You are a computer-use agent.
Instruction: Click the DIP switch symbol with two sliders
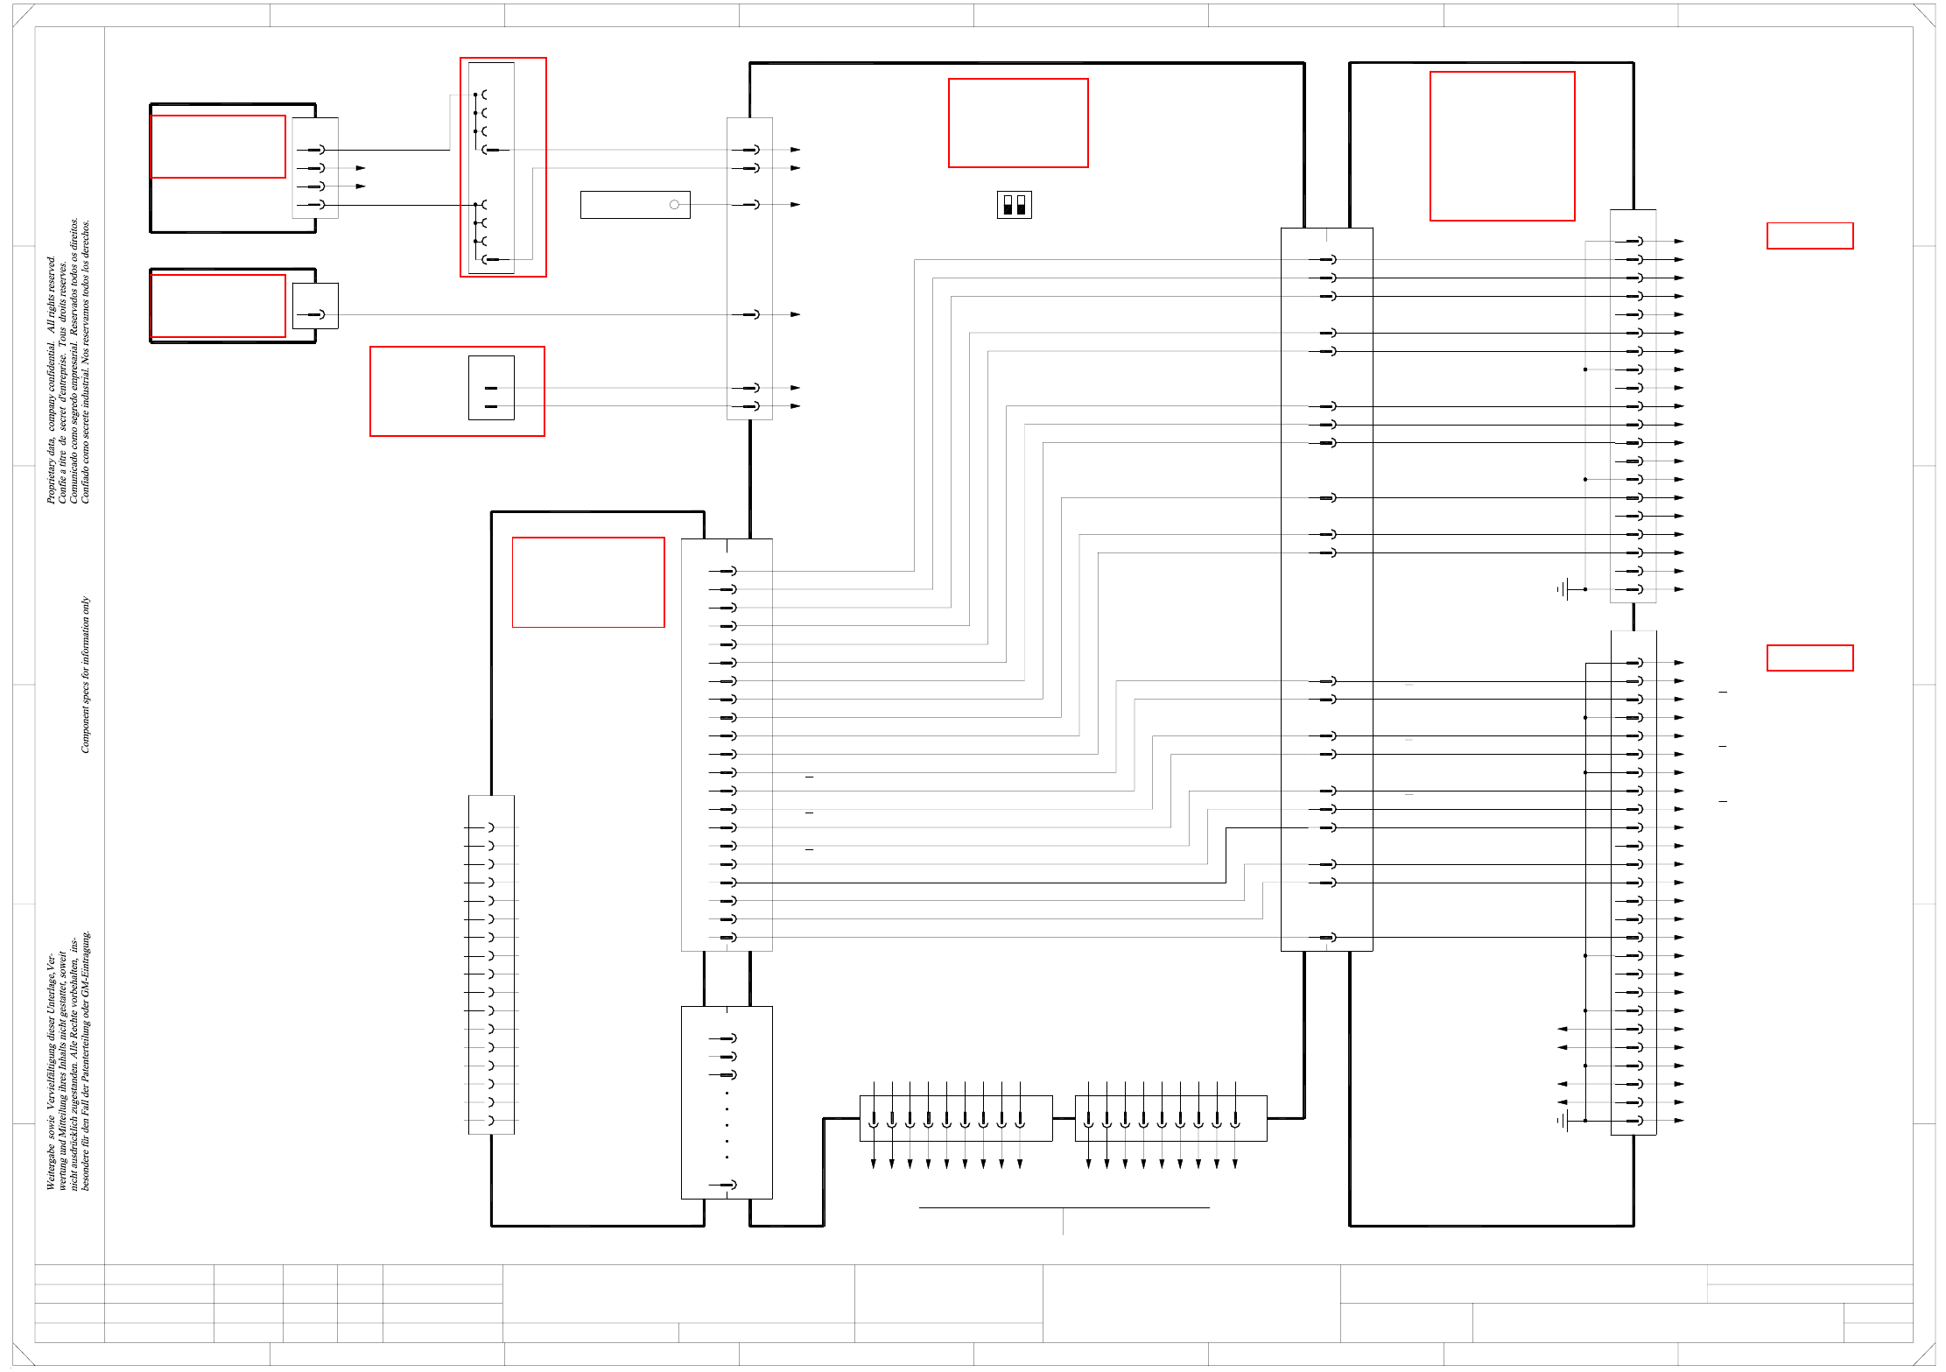pos(1014,205)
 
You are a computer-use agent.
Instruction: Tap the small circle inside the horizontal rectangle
pos(674,205)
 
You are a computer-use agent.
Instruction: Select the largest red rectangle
pos(1501,146)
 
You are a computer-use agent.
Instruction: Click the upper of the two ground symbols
pos(1563,589)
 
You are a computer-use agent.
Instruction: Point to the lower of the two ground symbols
pos(1563,1120)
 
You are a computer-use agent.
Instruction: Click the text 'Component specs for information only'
pos(85,674)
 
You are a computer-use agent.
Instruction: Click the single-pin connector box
pos(315,306)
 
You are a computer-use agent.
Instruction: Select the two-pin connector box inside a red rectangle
pos(491,388)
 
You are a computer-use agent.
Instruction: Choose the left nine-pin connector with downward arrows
pos(955,1118)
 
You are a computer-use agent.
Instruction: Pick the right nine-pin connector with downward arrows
pos(1170,1118)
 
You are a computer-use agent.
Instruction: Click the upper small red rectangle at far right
pos(1809,236)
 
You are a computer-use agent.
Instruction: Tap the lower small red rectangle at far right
pos(1809,658)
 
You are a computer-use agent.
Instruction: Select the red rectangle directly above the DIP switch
pos(1018,123)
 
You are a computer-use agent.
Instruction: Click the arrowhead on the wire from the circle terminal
pos(795,205)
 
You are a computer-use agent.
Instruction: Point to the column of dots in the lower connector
pos(727,1125)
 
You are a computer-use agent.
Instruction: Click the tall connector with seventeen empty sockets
pos(491,964)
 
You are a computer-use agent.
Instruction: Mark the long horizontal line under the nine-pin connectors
pos(1064,1207)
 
